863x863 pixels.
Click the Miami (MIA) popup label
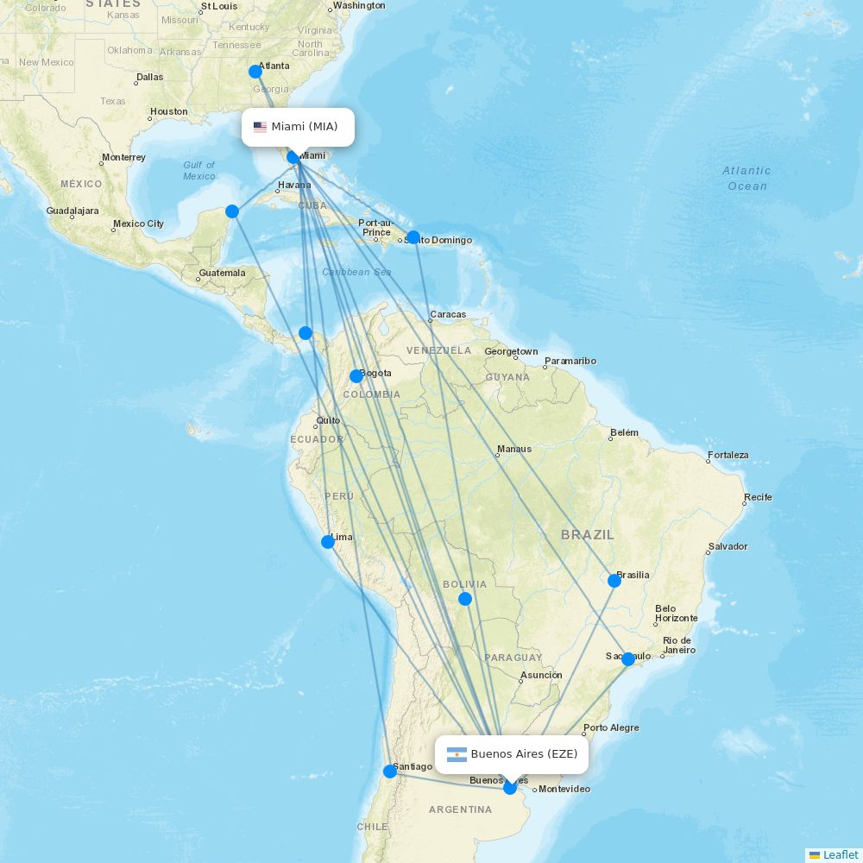pyautogui.click(x=298, y=127)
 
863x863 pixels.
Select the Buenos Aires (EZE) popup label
pyautogui.click(x=513, y=754)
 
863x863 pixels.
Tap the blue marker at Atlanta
pyautogui.click(x=255, y=72)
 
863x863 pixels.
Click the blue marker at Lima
pyautogui.click(x=328, y=542)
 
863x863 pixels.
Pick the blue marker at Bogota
pyautogui.click(x=356, y=376)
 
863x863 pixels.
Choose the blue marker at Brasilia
pyautogui.click(x=614, y=581)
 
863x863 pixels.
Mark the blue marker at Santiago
pyautogui.click(x=390, y=772)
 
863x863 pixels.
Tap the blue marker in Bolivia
pyautogui.click(x=465, y=599)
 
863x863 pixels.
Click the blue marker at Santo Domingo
pyautogui.click(x=413, y=237)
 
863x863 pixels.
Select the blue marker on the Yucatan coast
pyautogui.click(x=232, y=211)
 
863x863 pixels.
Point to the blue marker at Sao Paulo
pyautogui.click(x=628, y=659)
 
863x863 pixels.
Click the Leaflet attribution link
pyautogui.click(x=840, y=854)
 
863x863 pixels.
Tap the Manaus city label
pyautogui.click(x=514, y=449)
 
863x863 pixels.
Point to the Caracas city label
pyautogui.click(x=448, y=314)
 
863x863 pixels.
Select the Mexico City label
pyautogui.click(x=138, y=224)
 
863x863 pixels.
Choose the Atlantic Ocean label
pyautogui.click(x=746, y=178)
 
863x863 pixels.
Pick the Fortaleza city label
pyautogui.click(x=728, y=455)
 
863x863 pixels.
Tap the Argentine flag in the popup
pyautogui.click(x=457, y=755)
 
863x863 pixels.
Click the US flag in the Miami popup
pyautogui.click(x=260, y=128)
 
